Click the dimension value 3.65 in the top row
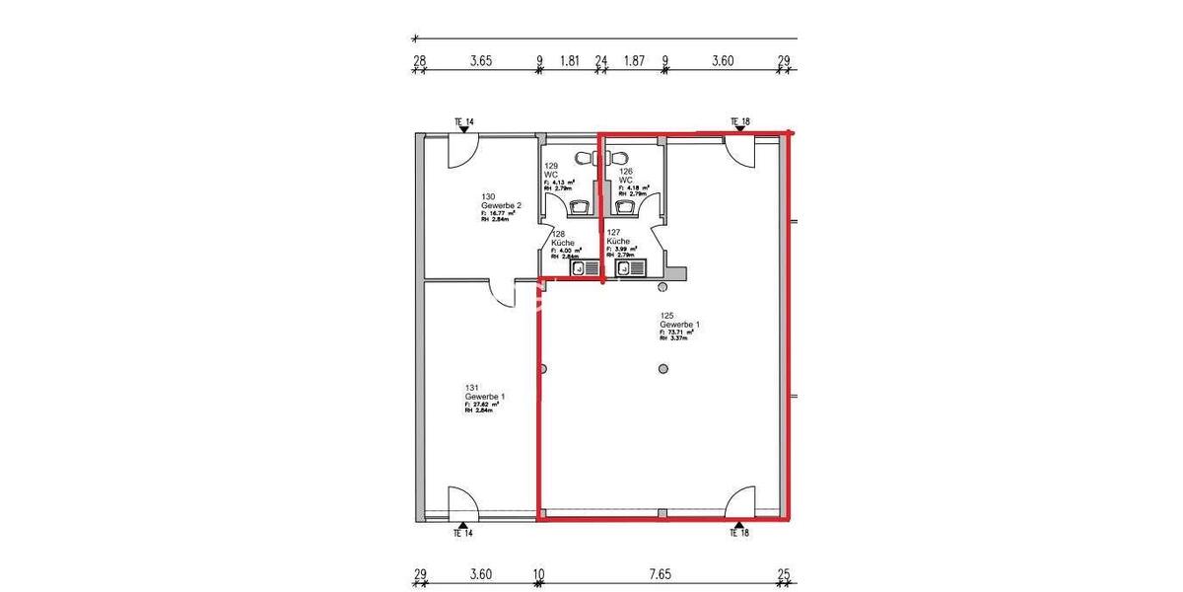coord(480,60)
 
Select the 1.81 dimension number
coord(569,60)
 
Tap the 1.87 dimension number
coord(634,60)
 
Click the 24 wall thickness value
coord(601,60)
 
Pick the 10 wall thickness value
coord(538,573)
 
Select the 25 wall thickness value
coord(785,573)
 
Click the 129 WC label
coord(552,171)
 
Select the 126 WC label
coord(626,176)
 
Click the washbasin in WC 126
coord(623,205)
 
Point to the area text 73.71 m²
coord(680,333)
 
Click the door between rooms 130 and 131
coord(502,292)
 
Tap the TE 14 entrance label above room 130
coord(463,122)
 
